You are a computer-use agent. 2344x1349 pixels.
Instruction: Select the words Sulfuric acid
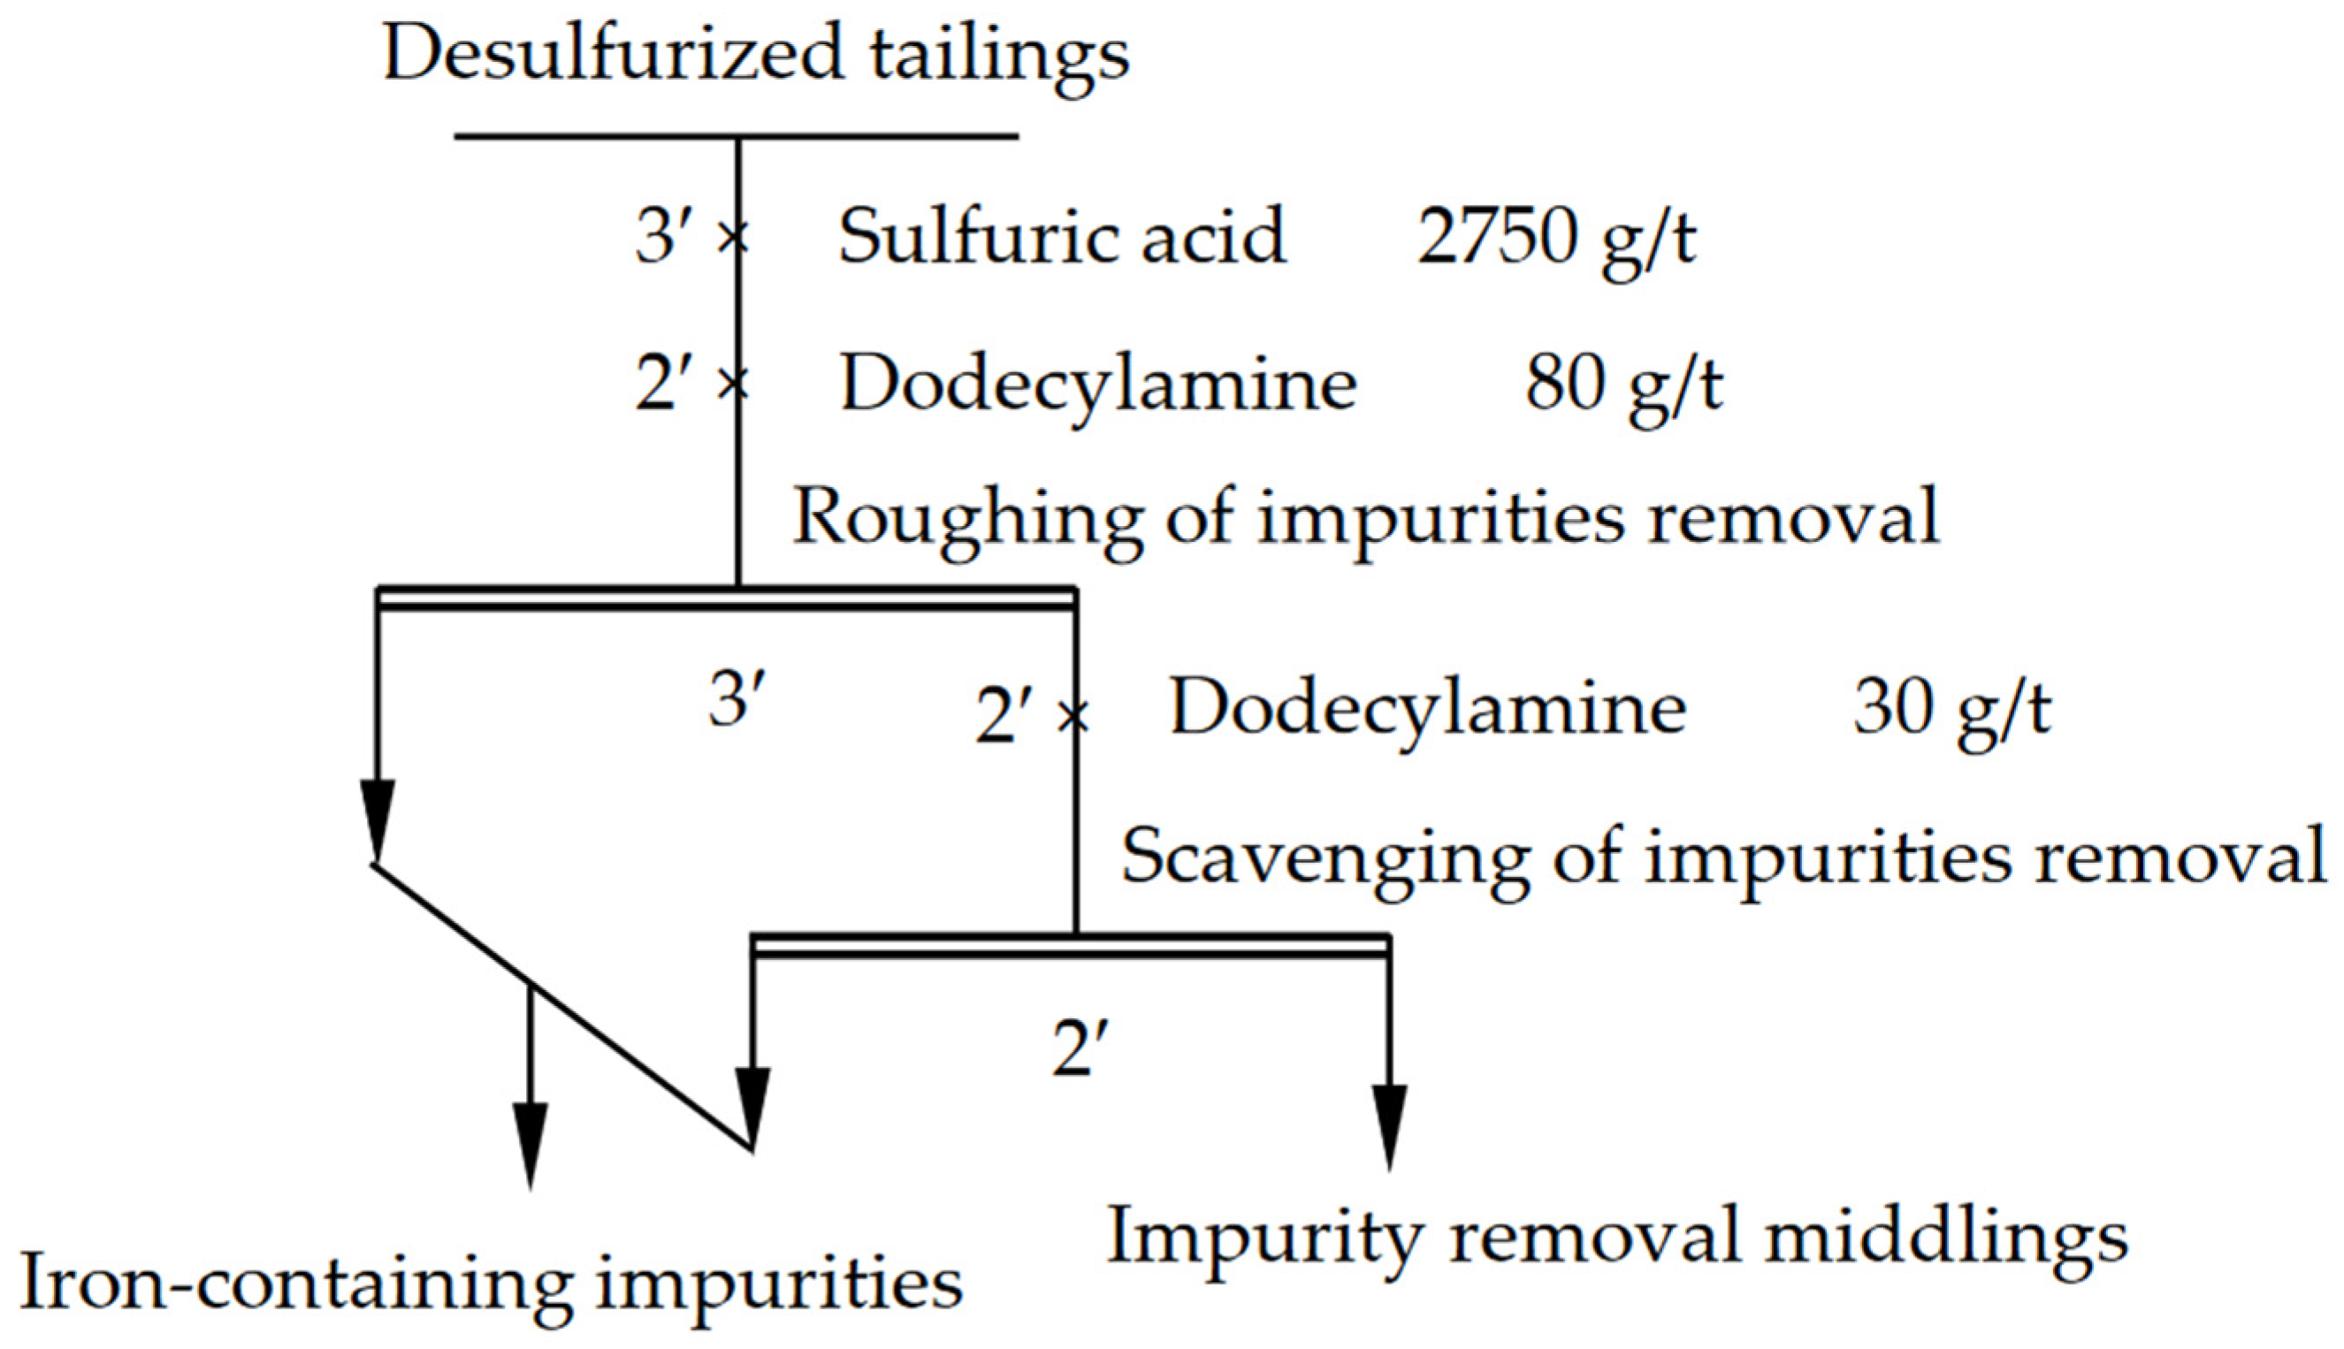point(1062,237)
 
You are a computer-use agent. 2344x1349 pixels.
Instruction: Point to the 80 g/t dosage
point(1623,385)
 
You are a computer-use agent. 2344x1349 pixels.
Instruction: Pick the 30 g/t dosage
point(1952,710)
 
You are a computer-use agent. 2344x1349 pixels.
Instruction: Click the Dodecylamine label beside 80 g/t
point(1098,385)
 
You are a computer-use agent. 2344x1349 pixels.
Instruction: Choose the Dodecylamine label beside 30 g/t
point(1428,710)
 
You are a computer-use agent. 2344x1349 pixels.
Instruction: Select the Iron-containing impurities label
point(491,1284)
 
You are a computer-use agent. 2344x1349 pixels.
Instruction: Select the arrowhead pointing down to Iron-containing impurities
point(530,1143)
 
